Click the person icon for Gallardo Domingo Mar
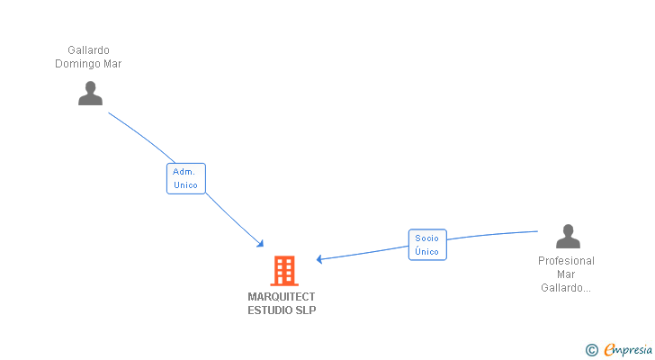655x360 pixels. [90, 94]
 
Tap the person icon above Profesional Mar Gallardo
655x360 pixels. [568, 237]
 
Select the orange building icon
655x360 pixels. [283, 270]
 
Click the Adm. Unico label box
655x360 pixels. [185, 178]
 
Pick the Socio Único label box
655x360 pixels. [427, 245]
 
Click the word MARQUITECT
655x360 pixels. [282, 296]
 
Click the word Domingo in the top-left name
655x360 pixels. [76, 64]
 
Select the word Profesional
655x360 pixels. [566, 261]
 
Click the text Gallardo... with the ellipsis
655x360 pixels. [566, 288]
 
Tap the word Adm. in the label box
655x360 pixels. [184, 171]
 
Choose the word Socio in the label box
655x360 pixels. [427, 238]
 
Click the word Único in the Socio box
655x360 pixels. [427, 252]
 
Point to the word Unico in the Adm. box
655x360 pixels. [185, 185]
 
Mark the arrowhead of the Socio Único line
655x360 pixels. [320, 259]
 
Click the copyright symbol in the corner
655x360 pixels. [591, 350]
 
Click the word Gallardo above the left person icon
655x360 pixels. [88, 50]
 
